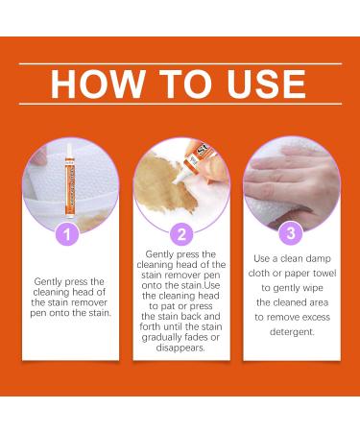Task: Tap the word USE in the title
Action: pyautogui.click(x=266, y=84)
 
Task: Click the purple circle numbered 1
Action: pyautogui.click(x=67, y=234)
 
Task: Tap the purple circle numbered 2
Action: pyautogui.click(x=181, y=234)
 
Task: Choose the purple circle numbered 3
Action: pyautogui.click(x=291, y=232)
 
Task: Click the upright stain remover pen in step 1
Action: pyautogui.click(x=69, y=180)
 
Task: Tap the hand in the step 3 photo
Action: pyautogui.click(x=290, y=180)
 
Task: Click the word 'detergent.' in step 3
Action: pyautogui.click(x=292, y=332)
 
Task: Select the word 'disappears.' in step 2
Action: pyautogui.click(x=180, y=348)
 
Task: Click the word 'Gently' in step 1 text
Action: pyautogui.click(x=48, y=282)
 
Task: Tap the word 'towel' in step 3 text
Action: pyautogui.click(x=324, y=273)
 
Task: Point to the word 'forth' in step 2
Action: pyautogui.click(x=150, y=326)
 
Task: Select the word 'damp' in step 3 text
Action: pyautogui.click(x=318, y=258)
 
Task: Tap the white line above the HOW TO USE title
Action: pyautogui.click(x=180, y=64)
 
